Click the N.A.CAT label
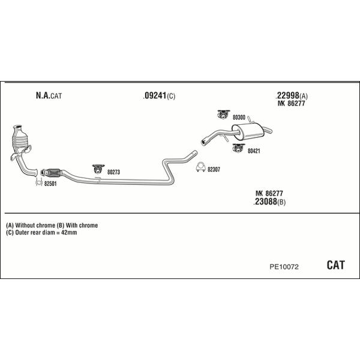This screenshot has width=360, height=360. [48, 95]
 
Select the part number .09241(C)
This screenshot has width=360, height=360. [159, 96]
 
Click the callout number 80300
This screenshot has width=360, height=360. [239, 118]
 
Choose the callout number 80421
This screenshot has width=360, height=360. [254, 151]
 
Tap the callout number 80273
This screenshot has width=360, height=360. [113, 172]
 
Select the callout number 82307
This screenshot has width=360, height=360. [214, 170]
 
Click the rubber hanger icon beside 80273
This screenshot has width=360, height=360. [97, 169]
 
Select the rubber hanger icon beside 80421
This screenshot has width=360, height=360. [238, 147]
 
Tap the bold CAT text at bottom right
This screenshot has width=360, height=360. [336, 265]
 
